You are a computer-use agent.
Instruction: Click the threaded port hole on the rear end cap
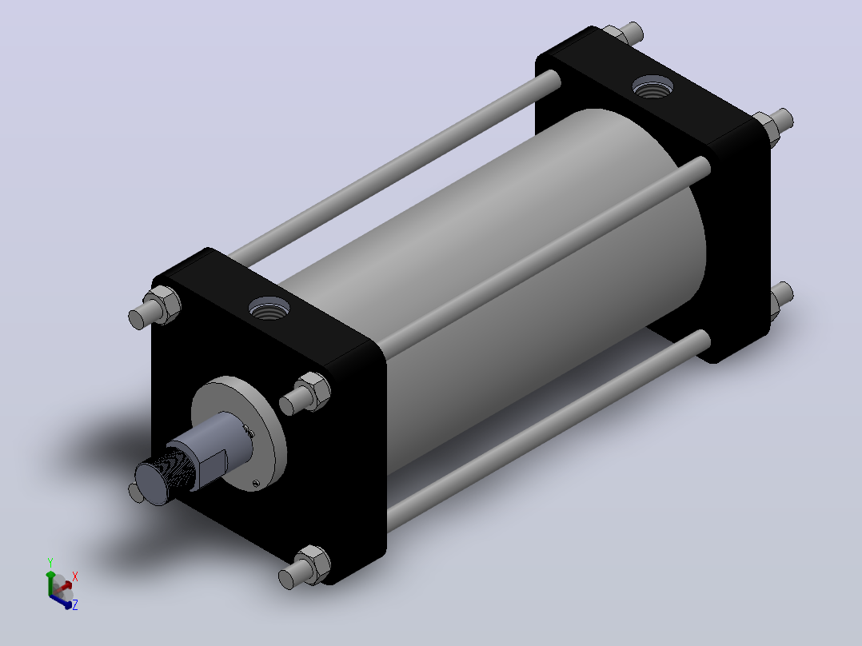pyautogui.click(x=652, y=87)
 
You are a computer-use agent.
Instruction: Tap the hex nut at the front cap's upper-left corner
pyautogui.click(x=163, y=304)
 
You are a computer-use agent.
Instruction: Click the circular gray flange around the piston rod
pyautogui.click(x=238, y=433)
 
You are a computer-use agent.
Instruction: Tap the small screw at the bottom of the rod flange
pyautogui.click(x=256, y=483)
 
